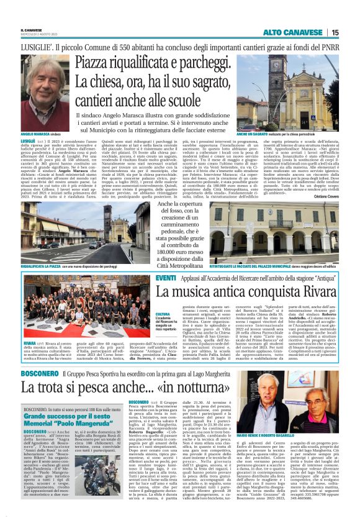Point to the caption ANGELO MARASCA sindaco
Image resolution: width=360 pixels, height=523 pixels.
[42, 134]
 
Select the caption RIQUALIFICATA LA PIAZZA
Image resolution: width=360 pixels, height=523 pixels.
[43, 266]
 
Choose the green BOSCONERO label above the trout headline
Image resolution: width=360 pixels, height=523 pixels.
[39, 373]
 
